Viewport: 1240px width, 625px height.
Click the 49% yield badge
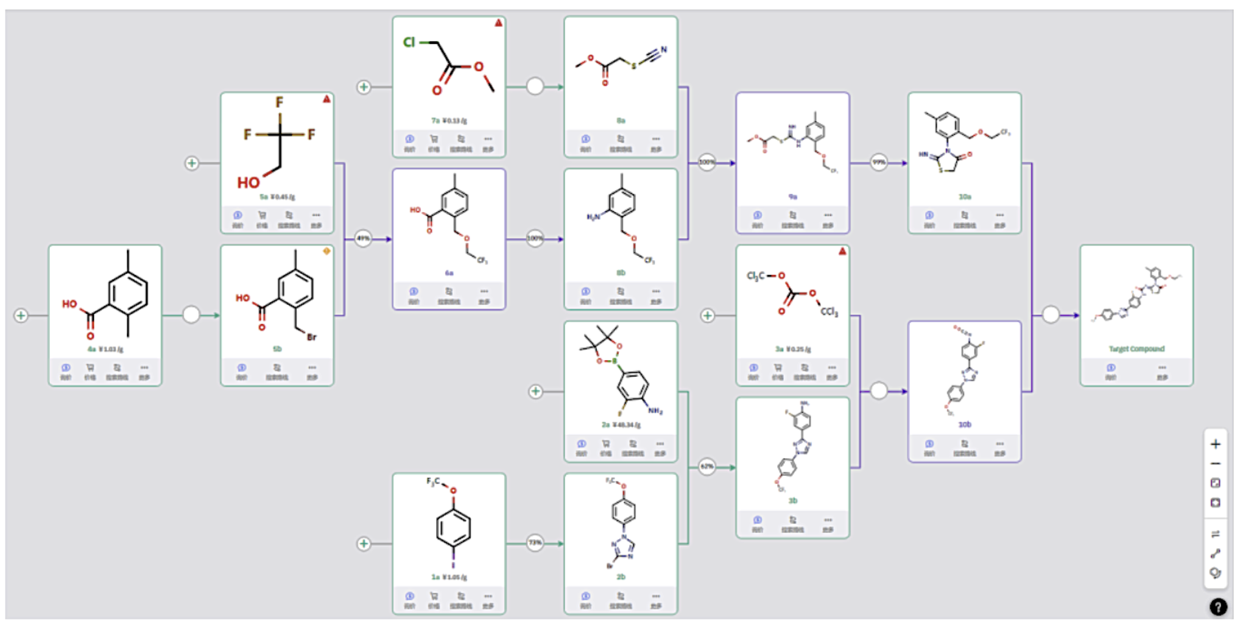click(x=363, y=239)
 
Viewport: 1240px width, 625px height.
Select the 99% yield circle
click(x=879, y=163)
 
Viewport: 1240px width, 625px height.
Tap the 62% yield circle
click(x=706, y=467)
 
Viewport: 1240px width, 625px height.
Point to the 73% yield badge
click(x=535, y=543)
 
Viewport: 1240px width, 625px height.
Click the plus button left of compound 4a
click(x=21, y=316)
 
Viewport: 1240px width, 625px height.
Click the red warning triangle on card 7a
click(x=498, y=23)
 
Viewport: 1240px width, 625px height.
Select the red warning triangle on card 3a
click(x=842, y=252)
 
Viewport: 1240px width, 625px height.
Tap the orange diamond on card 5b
click(x=326, y=251)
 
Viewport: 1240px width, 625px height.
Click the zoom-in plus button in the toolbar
click(x=1215, y=444)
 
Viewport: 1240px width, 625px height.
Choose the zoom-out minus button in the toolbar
click(x=1215, y=464)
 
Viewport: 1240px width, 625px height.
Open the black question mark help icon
click(x=1217, y=607)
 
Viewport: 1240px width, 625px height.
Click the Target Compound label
click(x=1136, y=349)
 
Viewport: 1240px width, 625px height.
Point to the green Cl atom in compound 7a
click(x=409, y=42)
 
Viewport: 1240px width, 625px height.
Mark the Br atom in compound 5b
click(x=311, y=337)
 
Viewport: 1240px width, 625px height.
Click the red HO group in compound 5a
click(x=248, y=183)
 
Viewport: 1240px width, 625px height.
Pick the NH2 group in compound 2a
click(x=655, y=411)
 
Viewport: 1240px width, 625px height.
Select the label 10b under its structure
click(x=965, y=425)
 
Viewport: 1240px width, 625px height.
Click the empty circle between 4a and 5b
click(x=191, y=315)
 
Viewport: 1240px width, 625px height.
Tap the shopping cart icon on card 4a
click(x=90, y=368)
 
